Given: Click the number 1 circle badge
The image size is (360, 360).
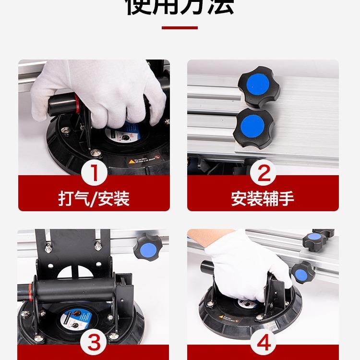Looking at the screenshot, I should pos(94,173).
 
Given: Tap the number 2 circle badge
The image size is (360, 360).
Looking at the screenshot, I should pos(263,173).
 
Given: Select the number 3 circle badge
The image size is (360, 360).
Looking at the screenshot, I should pos(94,343).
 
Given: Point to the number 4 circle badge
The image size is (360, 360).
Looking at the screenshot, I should pos(263,343).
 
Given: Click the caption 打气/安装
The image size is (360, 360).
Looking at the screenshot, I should pos(94,198).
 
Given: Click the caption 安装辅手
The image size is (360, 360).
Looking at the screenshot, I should pos(263,198).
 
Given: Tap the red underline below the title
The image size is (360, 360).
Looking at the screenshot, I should pos(180,28).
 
